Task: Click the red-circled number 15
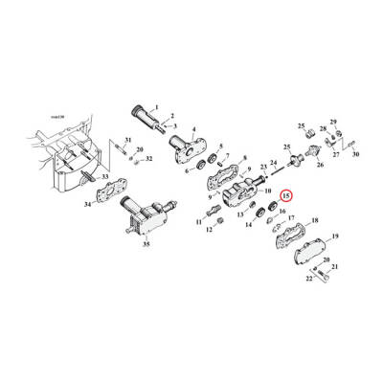285,194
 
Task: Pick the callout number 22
309,279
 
